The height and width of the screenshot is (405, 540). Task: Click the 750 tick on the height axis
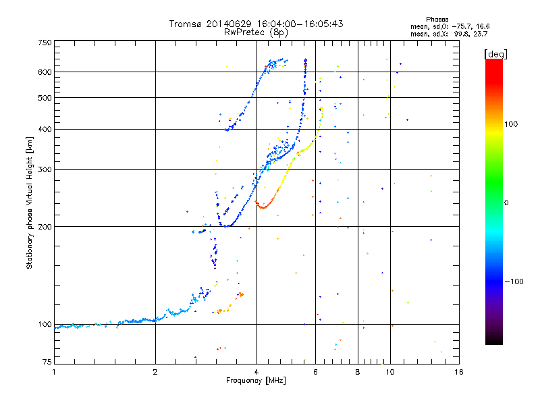(x=45, y=43)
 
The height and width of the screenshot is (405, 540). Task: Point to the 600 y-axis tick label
(x=45, y=72)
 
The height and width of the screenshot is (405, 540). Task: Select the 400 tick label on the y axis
(x=45, y=129)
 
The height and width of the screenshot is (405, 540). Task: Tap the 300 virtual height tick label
(x=45, y=169)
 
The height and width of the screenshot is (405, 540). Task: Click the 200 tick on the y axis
(x=45, y=226)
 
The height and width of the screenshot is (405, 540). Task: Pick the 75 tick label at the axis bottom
(x=47, y=363)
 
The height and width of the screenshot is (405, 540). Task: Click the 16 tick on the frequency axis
(x=458, y=372)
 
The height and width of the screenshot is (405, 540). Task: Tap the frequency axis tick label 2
(x=155, y=372)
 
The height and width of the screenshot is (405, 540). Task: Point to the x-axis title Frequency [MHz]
(x=256, y=381)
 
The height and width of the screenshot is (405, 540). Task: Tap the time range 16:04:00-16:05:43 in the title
(x=294, y=24)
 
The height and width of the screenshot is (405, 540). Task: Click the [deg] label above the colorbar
(x=496, y=53)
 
